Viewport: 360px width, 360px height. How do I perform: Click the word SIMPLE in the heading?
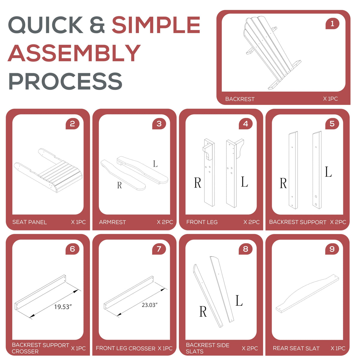[156, 25]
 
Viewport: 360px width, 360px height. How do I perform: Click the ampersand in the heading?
[97, 25]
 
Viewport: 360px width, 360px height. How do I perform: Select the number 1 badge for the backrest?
[332, 24]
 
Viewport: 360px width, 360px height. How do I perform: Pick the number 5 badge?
[332, 124]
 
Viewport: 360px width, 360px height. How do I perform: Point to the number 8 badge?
[245, 249]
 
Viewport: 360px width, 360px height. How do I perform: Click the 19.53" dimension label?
[63, 307]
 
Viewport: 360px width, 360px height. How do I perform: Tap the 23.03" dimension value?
[149, 305]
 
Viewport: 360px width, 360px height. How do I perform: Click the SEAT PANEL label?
[29, 222]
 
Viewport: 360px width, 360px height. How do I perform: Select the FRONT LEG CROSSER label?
[125, 348]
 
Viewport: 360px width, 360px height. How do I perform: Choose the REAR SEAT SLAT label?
[296, 348]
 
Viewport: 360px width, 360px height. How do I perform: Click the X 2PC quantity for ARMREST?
[165, 222]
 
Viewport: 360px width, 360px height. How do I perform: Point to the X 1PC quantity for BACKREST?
[331, 99]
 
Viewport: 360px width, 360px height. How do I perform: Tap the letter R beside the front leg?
[198, 183]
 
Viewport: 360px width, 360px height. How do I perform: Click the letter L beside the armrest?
[155, 164]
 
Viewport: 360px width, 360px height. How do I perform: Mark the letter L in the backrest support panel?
[328, 172]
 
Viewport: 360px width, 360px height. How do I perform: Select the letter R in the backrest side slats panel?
[203, 312]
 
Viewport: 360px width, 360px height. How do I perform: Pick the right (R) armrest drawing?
[123, 175]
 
